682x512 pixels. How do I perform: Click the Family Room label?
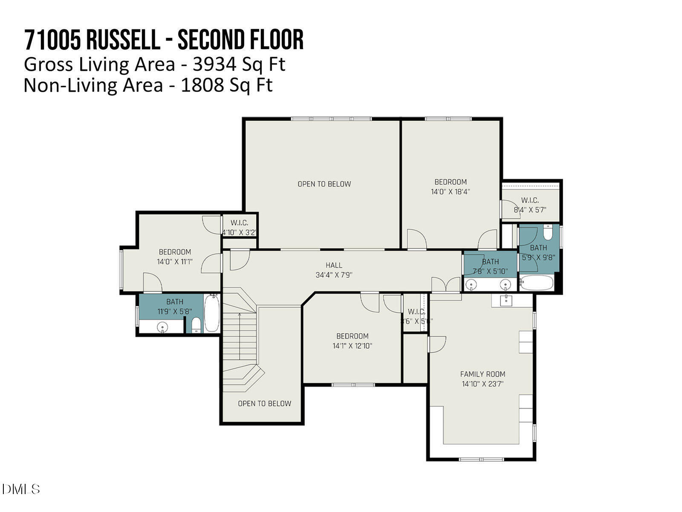click(482, 374)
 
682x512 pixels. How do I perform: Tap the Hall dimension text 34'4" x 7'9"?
click(334, 275)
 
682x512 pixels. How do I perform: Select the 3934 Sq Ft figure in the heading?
click(239, 64)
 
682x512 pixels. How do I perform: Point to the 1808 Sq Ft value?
click(226, 85)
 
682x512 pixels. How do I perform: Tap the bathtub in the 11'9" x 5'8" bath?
click(211, 313)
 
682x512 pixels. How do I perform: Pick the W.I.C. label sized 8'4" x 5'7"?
click(529, 200)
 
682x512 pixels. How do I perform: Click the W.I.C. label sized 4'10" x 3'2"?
click(239, 223)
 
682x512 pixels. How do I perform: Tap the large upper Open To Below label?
click(324, 184)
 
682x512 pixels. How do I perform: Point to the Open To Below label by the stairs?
click(264, 403)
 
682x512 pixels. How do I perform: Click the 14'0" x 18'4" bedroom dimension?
click(450, 192)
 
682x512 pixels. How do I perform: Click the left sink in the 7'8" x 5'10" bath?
click(471, 284)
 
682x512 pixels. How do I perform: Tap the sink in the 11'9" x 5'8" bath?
click(162, 327)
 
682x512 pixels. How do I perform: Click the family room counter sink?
click(506, 300)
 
